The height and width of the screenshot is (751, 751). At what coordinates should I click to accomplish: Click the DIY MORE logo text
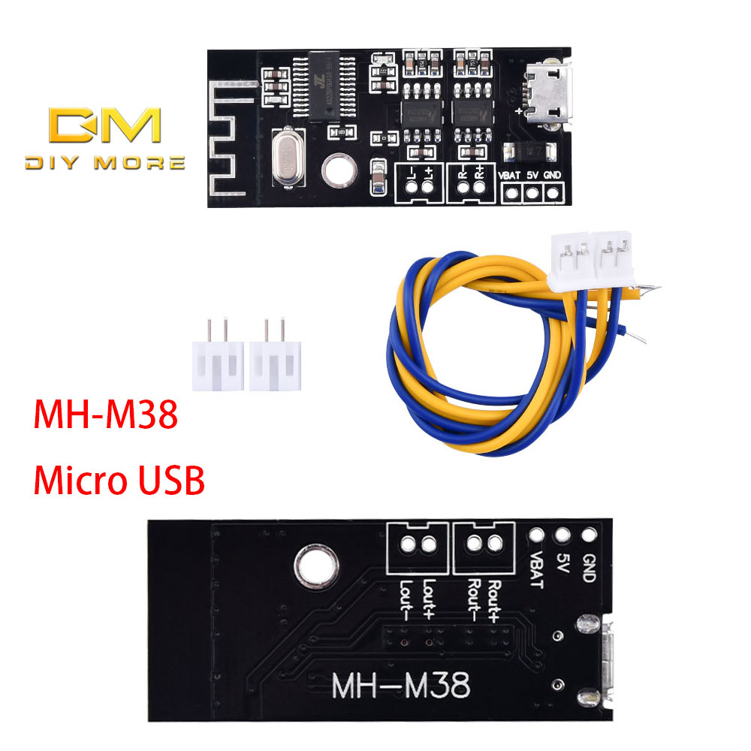click(x=104, y=162)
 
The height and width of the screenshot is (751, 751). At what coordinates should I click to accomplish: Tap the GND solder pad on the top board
click(x=553, y=194)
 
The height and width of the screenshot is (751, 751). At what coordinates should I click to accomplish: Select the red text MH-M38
click(x=105, y=415)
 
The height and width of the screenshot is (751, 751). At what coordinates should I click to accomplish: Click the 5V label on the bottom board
click(x=562, y=564)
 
